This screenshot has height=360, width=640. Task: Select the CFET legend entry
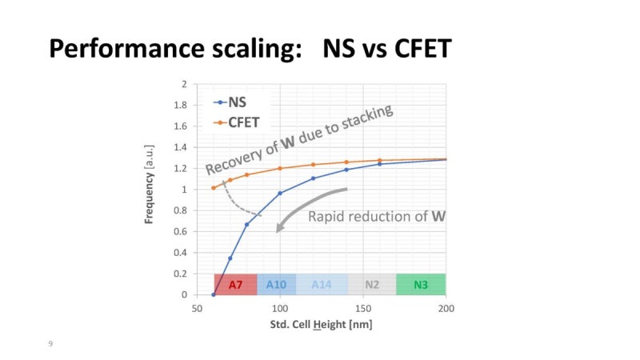click(x=240, y=122)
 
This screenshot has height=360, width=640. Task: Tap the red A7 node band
click(x=235, y=284)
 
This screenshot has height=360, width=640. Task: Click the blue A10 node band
click(x=276, y=284)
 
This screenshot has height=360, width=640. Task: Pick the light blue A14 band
click(x=322, y=284)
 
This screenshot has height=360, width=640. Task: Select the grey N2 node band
click(x=372, y=284)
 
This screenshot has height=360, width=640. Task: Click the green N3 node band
click(x=421, y=284)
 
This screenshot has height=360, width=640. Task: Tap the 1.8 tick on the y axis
click(x=181, y=105)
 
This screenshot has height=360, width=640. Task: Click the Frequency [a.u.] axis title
click(x=150, y=184)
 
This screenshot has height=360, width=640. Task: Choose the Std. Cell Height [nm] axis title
click(x=319, y=324)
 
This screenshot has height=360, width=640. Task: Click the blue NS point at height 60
click(x=214, y=294)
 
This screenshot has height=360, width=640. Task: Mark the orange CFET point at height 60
click(x=214, y=188)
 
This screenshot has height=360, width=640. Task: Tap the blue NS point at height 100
click(x=280, y=193)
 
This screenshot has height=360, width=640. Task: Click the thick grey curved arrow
click(x=308, y=204)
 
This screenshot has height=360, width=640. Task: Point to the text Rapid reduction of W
click(x=377, y=216)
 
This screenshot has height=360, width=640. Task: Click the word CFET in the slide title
click(x=413, y=50)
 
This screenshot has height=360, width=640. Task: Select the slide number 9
click(x=50, y=343)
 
